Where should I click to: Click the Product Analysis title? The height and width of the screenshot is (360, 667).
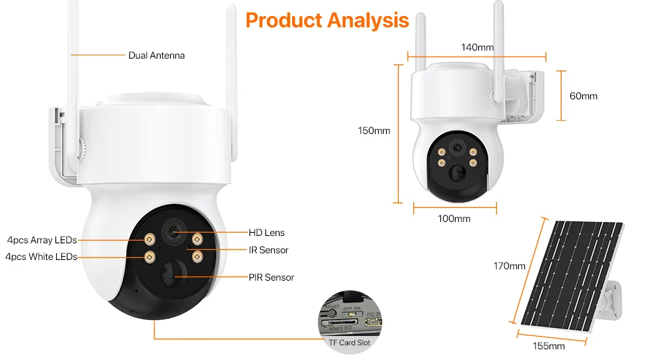[x=327, y=20]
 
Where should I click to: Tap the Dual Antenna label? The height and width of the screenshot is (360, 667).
[x=156, y=55]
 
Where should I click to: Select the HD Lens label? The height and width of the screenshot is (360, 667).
[x=266, y=233]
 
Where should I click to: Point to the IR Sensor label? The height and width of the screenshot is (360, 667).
[x=268, y=250]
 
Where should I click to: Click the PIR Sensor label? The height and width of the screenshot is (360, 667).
[x=271, y=277]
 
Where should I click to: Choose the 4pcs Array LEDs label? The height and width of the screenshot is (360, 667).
[x=42, y=240]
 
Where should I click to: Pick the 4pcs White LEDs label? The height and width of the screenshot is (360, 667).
[x=41, y=257]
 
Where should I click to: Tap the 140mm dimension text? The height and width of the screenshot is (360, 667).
[x=478, y=47]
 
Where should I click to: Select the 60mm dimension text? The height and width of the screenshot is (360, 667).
[x=583, y=96]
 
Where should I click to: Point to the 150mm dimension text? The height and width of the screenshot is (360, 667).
[x=374, y=131]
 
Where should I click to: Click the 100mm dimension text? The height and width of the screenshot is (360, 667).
[x=454, y=219]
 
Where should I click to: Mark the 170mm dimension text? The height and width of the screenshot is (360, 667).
[x=509, y=266]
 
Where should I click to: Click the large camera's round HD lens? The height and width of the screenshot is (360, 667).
[x=175, y=231]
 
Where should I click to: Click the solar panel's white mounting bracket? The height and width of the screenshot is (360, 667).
[x=612, y=297]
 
